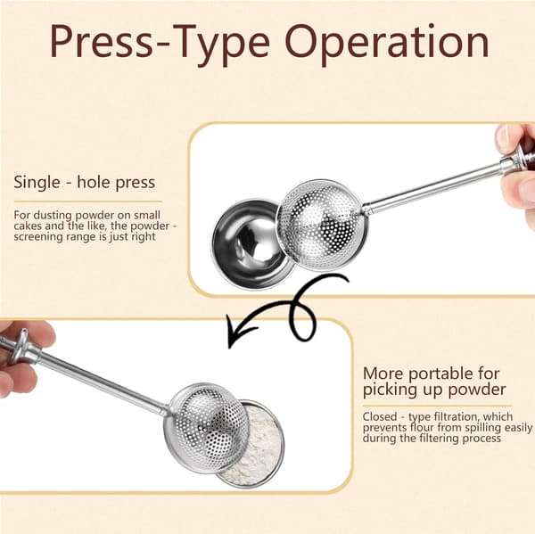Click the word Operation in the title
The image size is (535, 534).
[387, 43]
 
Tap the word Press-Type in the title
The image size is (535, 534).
[160, 43]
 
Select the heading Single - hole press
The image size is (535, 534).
[85, 183]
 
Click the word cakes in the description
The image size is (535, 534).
[26, 226]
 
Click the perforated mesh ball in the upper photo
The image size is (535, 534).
[322, 225]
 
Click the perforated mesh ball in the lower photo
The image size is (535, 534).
[207, 428]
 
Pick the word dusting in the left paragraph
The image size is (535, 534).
[53, 216]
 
